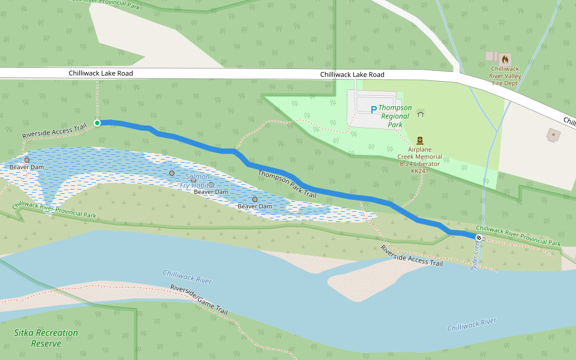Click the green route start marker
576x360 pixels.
97,123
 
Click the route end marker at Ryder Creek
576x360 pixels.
479,238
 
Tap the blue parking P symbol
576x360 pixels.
374,110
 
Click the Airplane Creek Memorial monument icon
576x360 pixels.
419,140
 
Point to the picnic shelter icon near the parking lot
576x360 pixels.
421,113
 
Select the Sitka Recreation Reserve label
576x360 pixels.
46,338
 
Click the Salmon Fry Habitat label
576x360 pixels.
197,181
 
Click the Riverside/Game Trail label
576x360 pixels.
199,301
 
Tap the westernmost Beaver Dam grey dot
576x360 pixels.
26,160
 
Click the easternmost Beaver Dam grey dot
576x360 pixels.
255,199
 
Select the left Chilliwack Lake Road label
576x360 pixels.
100,73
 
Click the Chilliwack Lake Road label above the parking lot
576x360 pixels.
352,75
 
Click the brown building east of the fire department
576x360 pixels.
551,134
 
